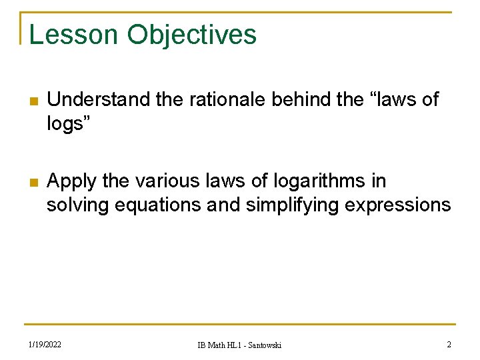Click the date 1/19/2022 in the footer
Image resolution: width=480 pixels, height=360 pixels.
(45, 345)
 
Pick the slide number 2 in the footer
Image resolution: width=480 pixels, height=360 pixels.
(449, 344)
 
